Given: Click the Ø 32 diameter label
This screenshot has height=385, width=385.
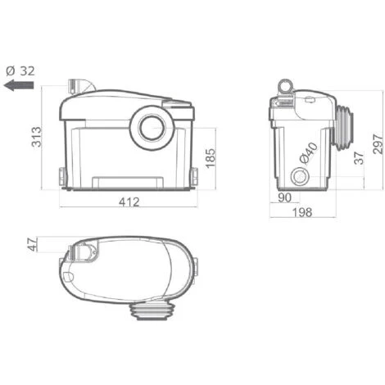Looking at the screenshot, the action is click(20, 71).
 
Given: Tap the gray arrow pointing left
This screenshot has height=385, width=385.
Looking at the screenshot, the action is click(19, 85).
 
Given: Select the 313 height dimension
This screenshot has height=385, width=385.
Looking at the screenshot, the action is click(36, 137).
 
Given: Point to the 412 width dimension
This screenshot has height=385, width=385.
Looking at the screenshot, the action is click(129, 202).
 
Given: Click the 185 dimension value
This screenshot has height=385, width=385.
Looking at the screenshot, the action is click(211, 158).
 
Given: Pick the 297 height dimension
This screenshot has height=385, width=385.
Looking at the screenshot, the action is click(378, 144).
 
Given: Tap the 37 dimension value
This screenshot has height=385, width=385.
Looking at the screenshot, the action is click(359, 158).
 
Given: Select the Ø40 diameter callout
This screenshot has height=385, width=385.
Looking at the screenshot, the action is click(309, 154).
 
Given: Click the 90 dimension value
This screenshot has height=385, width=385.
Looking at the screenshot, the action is click(284, 197).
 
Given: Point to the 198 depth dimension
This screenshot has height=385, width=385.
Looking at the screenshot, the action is click(302, 212).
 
